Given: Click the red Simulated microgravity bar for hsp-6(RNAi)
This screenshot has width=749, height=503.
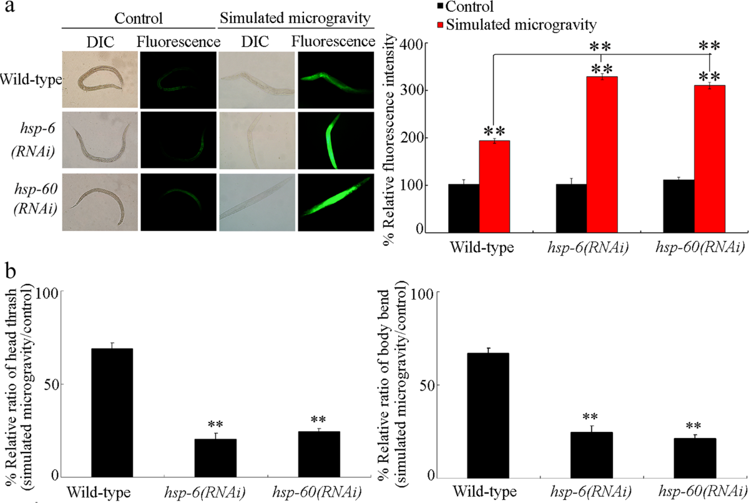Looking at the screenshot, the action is click(602, 154).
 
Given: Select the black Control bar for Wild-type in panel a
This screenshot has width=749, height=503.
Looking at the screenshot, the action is click(464, 208).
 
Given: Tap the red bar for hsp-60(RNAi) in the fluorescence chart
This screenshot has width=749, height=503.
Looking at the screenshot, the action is click(710, 159).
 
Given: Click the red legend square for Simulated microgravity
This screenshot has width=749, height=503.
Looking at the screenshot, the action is click(441, 25).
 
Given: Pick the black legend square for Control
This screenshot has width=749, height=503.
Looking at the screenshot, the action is click(441, 6).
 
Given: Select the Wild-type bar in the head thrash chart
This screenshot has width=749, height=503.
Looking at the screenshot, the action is click(112, 413).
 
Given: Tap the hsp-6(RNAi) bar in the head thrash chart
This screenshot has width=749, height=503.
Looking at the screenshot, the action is click(215, 458).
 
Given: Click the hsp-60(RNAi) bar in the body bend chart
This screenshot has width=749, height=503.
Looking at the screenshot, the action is click(695, 458).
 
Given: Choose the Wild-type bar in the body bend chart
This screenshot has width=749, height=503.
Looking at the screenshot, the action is click(488, 416).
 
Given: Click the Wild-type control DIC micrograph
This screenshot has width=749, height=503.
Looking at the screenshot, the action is click(100, 80).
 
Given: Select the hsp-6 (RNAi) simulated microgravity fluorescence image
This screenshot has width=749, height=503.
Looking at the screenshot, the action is click(336, 140).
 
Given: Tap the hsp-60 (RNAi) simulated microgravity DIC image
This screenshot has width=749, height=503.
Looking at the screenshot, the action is click(257, 202).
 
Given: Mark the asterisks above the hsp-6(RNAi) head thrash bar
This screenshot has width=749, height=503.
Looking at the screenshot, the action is click(215, 424).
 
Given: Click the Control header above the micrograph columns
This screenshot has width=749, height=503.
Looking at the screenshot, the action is click(139, 18).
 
